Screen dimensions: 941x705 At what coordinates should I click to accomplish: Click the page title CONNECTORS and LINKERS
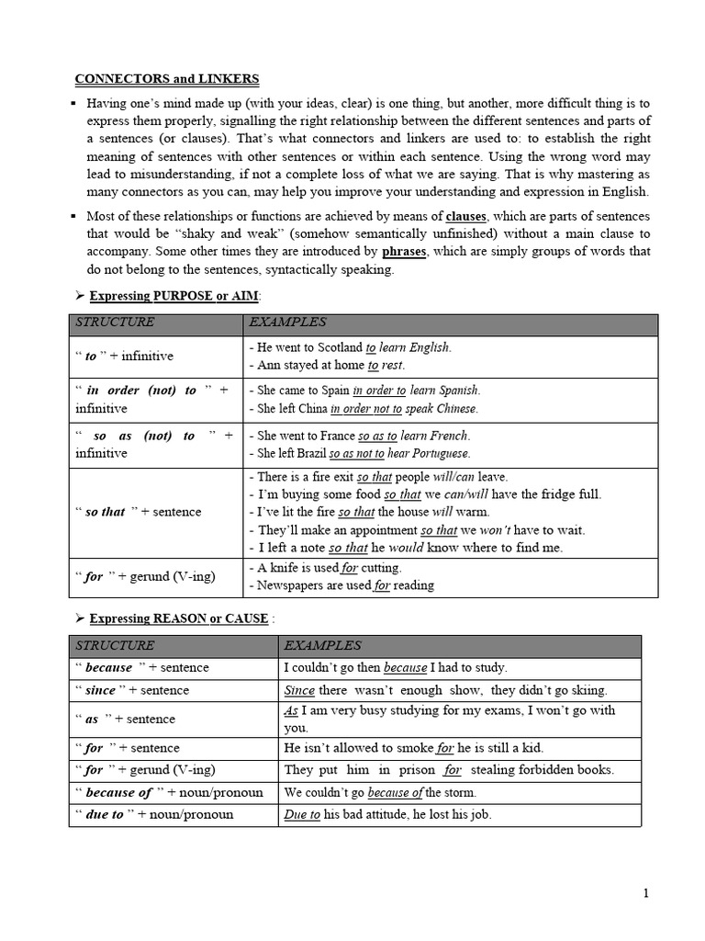coord(167,79)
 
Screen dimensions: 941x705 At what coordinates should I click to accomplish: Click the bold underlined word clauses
coord(465,217)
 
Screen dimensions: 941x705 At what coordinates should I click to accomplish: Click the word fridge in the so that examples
coord(542,494)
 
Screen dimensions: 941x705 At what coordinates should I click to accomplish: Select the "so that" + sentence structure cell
coord(138,512)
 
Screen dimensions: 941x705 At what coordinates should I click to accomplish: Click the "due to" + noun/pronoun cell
coord(154,814)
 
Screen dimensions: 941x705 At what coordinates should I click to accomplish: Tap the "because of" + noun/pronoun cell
coord(169,792)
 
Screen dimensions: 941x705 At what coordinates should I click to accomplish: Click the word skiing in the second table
coord(587,690)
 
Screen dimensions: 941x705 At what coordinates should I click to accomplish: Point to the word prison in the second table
coord(400,770)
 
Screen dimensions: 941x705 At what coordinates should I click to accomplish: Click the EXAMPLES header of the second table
coord(322,645)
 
